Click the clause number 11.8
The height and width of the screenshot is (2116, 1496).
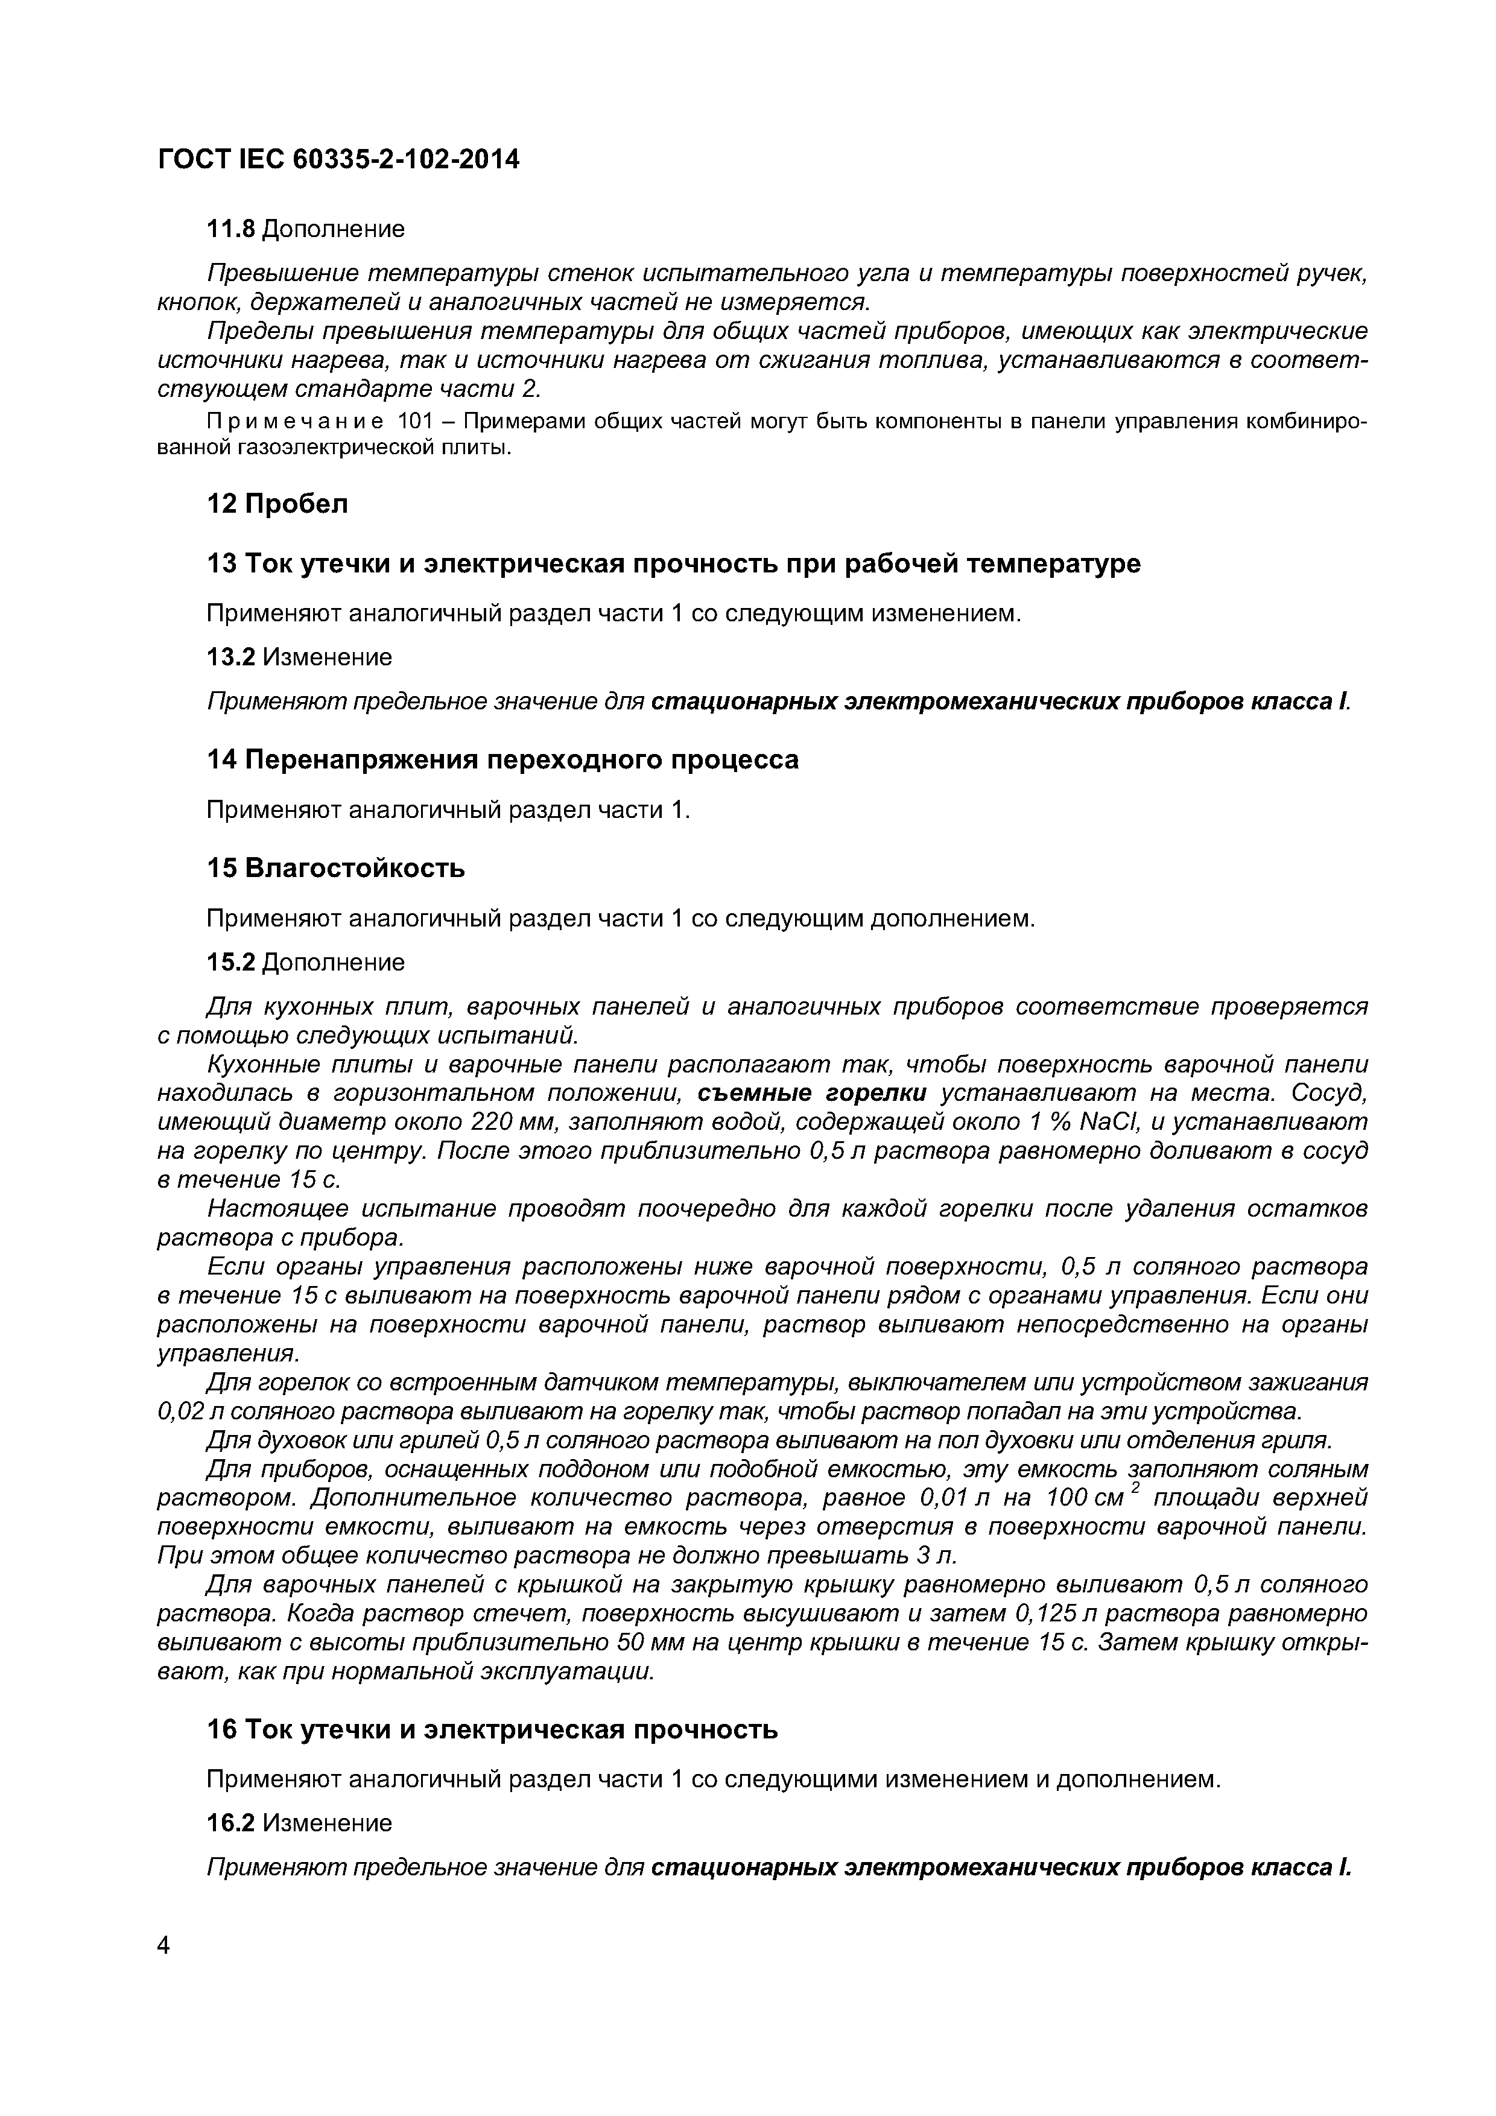coord(229,229)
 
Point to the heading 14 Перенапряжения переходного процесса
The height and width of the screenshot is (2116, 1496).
coord(502,759)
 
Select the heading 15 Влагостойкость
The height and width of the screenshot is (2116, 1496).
coord(335,868)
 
